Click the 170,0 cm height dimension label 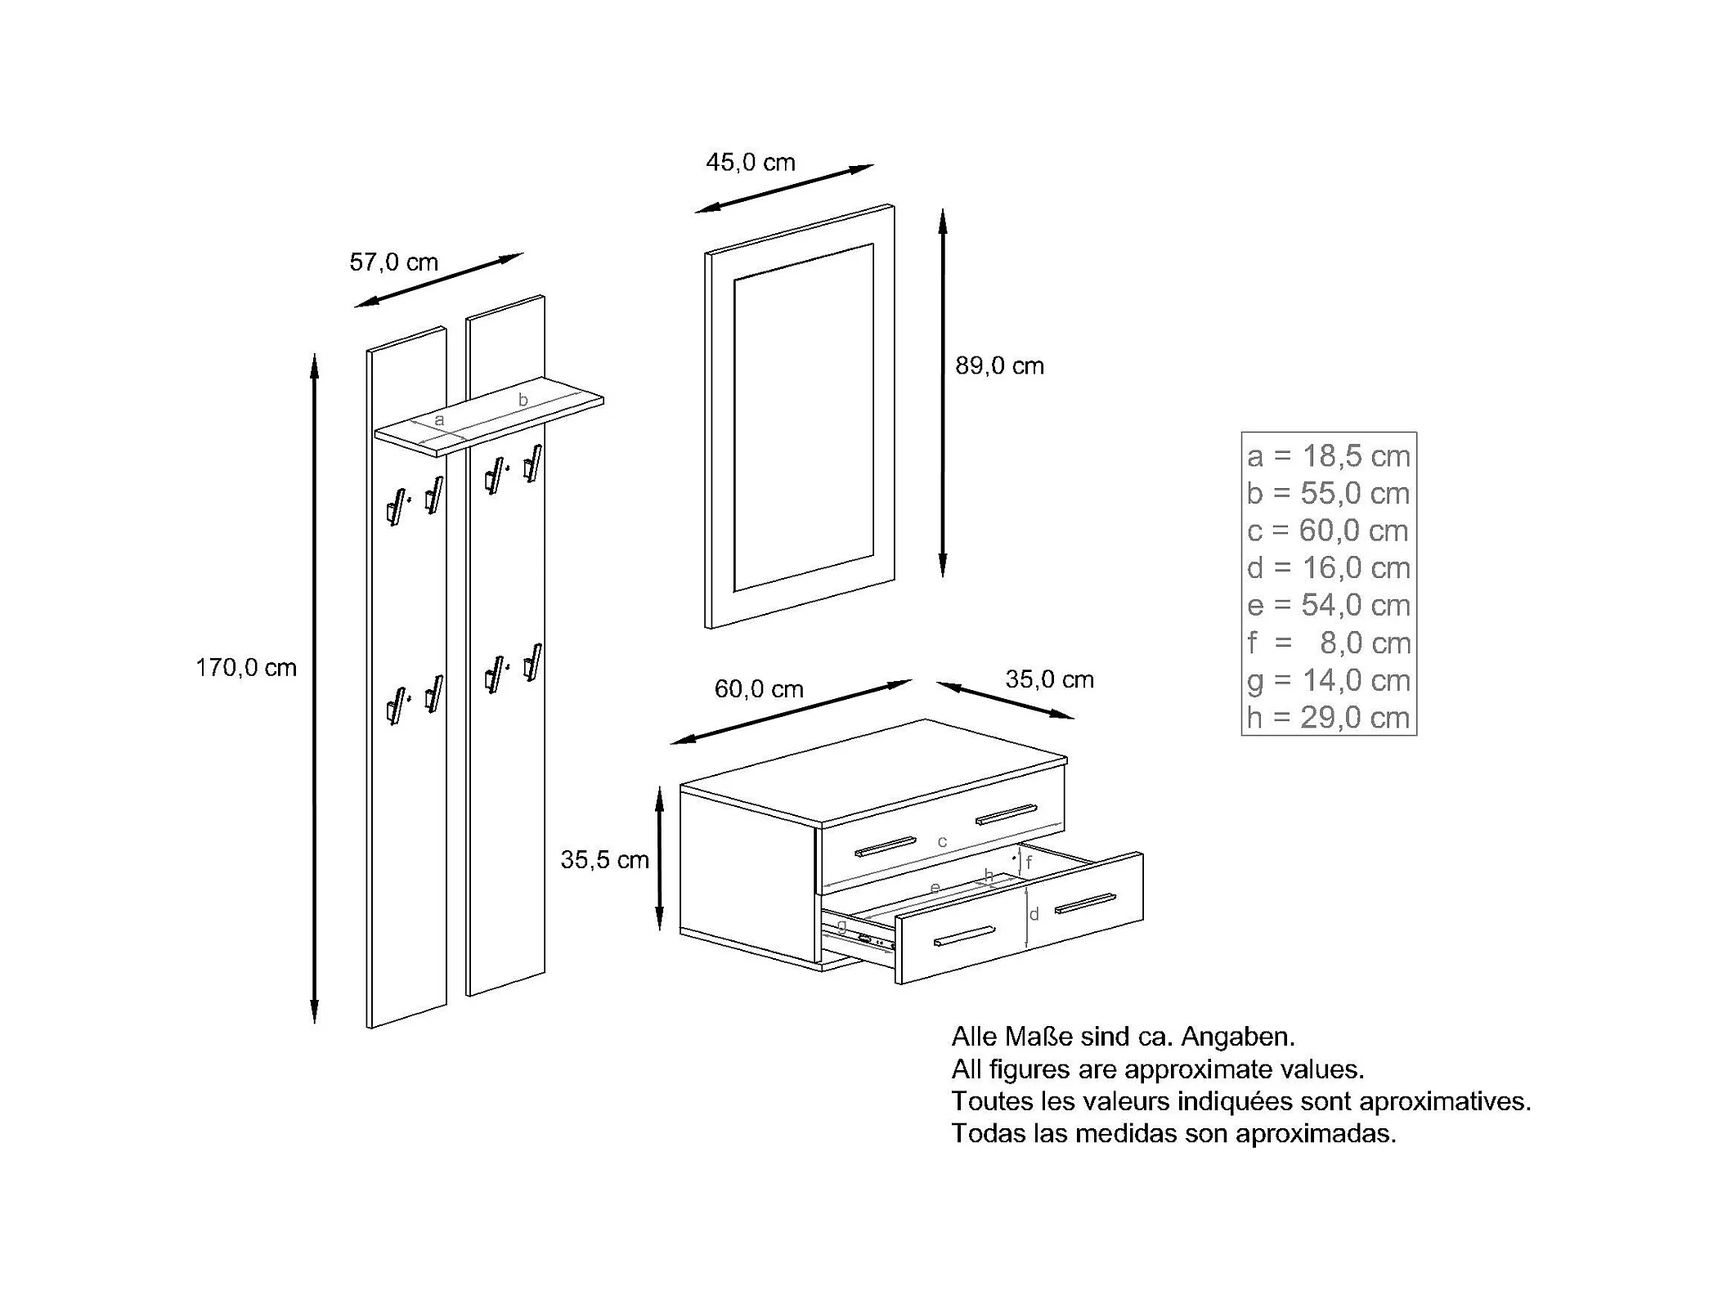[x=246, y=668]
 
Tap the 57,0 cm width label [x=393, y=262]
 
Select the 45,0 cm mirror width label [x=751, y=163]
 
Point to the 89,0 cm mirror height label [x=999, y=365]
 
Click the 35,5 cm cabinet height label [x=604, y=859]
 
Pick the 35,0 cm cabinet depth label [x=1049, y=679]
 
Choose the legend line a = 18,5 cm [x=1329, y=456]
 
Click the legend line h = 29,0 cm [x=1329, y=718]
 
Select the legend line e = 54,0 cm [x=1329, y=605]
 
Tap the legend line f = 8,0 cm [x=1329, y=643]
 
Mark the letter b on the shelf [x=523, y=400]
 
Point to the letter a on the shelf [x=439, y=420]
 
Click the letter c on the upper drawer [x=942, y=841]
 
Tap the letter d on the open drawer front [x=1034, y=914]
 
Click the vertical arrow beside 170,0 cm [x=315, y=688]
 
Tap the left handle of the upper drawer [x=886, y=846]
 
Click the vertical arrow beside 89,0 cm [x=943, y=392]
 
